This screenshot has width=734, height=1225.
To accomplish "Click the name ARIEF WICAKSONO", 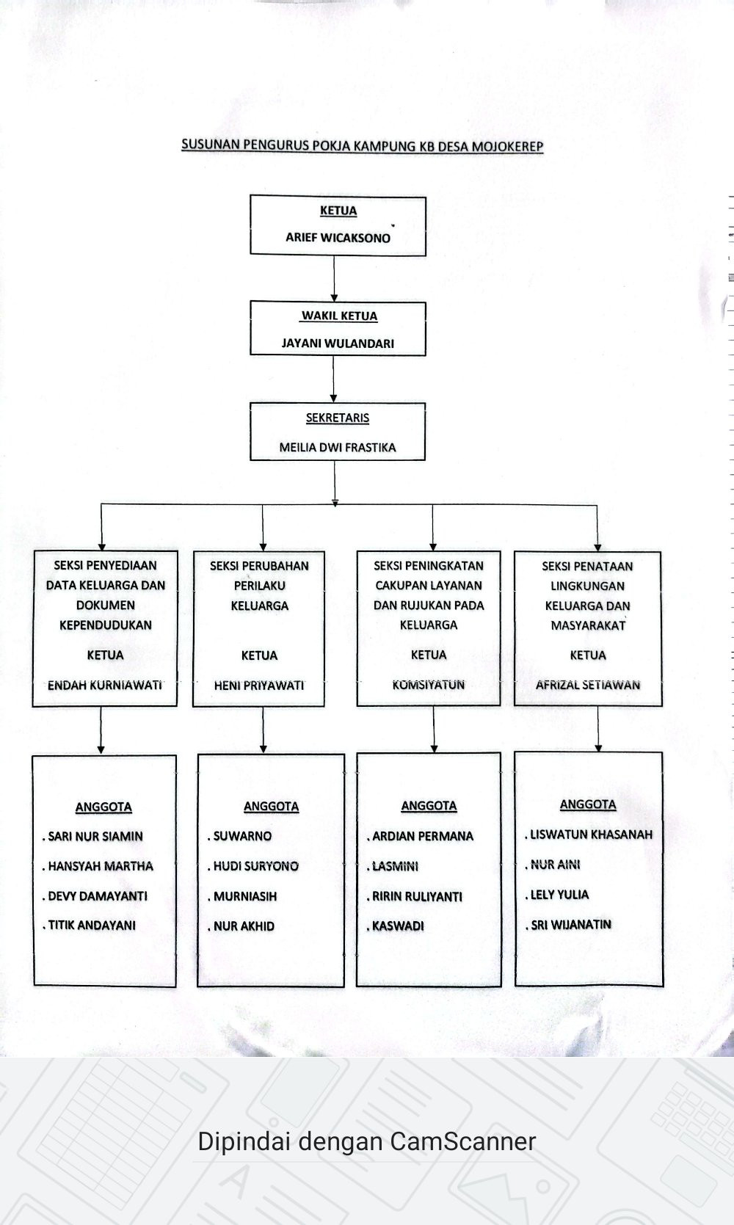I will pos(338,238).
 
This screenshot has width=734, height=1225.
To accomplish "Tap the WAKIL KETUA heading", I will pos(339,316).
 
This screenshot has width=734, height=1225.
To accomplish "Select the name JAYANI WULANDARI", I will pos(338,343).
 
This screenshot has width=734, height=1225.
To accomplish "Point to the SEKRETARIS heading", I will pos(338,418).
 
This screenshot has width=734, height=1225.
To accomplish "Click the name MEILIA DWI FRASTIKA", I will pos(338,448).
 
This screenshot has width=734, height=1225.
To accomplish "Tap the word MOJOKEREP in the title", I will pos(507,146).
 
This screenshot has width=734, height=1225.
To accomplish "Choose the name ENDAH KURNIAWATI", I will pos(104,686).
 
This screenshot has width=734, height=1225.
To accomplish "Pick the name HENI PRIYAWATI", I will pos(259,686).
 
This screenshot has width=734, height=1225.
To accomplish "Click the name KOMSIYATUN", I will pos(429,685).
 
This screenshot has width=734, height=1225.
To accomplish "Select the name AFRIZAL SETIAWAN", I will pos(588,685).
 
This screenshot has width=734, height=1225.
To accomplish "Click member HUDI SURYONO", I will pos(255,867).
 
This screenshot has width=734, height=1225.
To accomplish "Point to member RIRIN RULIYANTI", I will pos(417,897).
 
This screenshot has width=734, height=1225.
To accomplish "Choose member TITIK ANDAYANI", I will pos(92,926).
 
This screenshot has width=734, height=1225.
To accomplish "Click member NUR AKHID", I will pos(244,926).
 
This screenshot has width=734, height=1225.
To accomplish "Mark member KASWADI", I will pos(398,926).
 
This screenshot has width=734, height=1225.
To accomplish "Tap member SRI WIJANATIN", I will pos(571,925).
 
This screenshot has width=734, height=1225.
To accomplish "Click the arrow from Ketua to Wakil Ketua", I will pos(334,278).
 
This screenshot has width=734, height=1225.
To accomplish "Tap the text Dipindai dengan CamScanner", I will pos(366,1141).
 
